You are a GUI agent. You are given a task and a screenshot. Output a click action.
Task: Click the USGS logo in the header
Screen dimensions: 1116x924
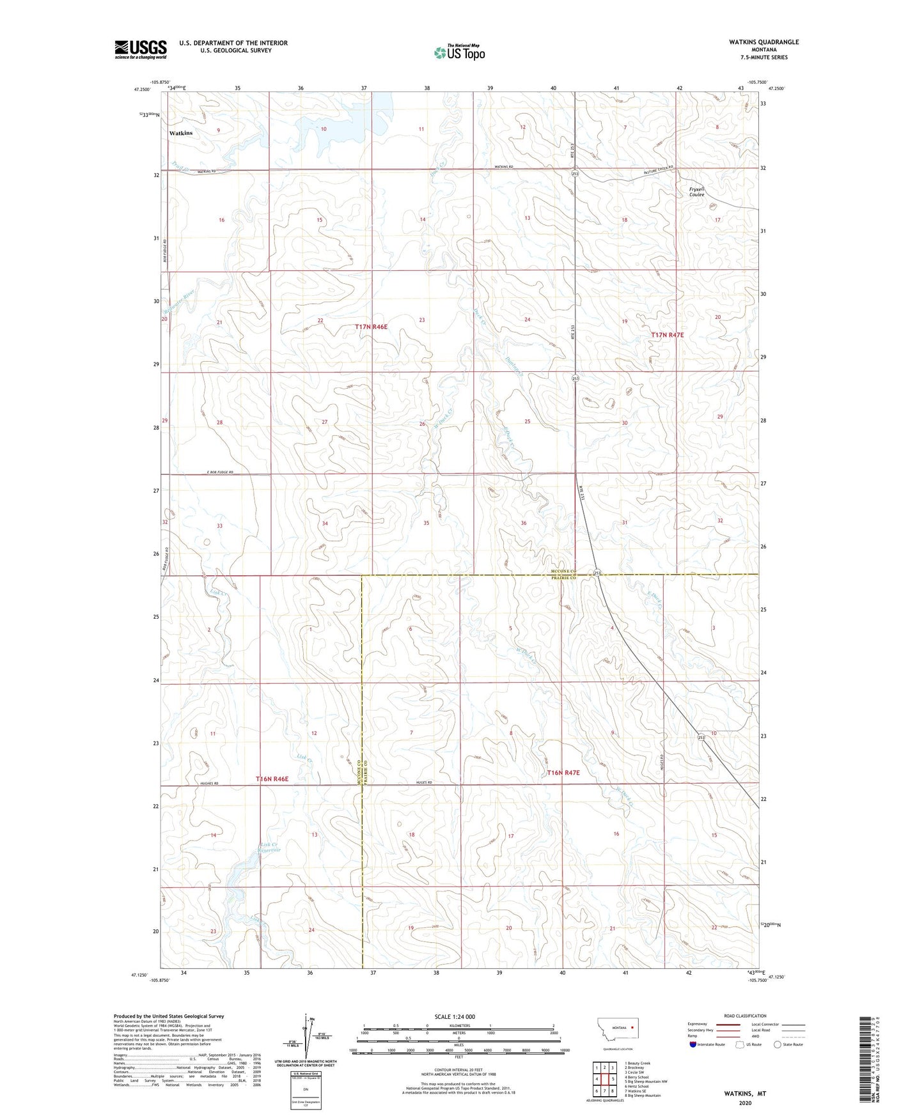coord(141,49)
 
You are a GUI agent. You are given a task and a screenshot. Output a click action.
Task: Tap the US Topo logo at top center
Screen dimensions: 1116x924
coord(459,52)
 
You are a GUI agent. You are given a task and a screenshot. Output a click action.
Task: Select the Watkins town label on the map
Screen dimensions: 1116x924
coord(181,133)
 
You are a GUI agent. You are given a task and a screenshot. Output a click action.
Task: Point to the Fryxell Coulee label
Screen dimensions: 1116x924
coord(696,192)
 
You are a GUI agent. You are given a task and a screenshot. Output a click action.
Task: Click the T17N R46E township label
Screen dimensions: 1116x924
coord(372,327)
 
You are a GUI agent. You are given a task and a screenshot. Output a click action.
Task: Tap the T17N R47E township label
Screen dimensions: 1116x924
coord(668,335)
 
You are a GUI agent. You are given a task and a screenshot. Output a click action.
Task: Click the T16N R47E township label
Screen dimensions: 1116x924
coord(563,773)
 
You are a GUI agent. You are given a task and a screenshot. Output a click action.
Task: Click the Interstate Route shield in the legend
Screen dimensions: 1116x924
coord(693,1044)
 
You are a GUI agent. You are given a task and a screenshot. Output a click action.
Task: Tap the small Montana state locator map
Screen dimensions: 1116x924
coord(617,1031)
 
